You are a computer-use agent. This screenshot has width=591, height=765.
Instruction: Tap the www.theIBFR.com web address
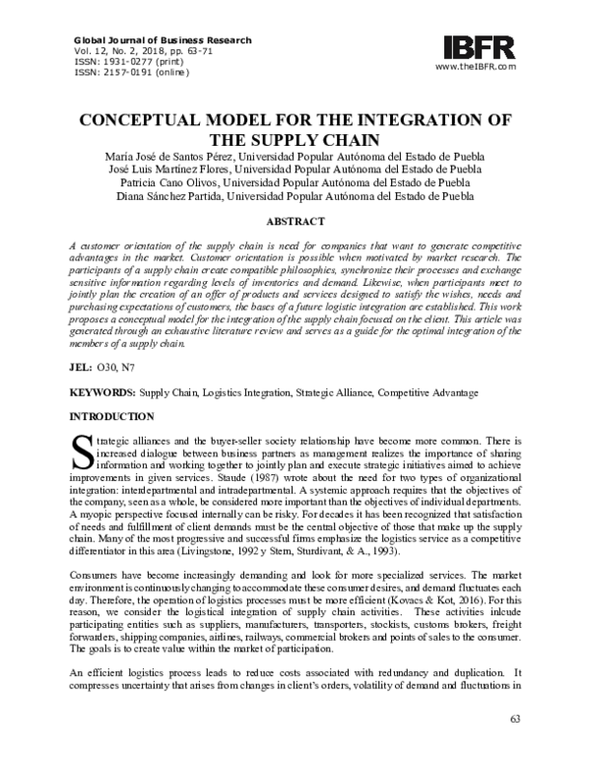(x=475, y=67)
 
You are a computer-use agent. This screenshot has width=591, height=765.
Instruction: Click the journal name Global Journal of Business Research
(x=164, y=40)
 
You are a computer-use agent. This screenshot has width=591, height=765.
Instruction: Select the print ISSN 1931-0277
(x=146, y=61)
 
